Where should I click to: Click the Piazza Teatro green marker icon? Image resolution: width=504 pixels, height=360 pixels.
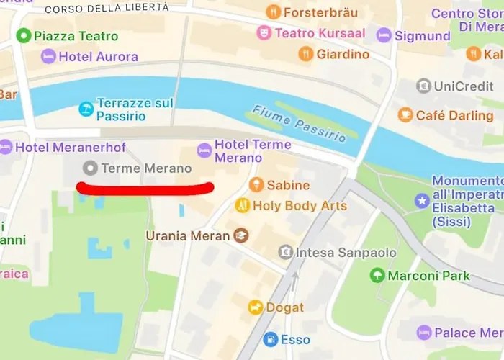coord(24,35)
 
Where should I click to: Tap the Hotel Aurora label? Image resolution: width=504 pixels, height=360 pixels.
coord(99,56)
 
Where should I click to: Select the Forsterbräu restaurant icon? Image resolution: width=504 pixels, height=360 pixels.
coord(273,12)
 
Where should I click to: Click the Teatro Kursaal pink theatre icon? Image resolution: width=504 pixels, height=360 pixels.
coord(264,33)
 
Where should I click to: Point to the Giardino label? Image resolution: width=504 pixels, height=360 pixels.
coord(343,54)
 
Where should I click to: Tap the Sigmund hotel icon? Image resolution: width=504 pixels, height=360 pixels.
coord(384,35)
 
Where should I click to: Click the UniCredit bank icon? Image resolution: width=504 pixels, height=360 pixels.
coord(424,86)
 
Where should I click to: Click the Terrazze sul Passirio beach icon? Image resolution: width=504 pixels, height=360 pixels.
coord(86,109)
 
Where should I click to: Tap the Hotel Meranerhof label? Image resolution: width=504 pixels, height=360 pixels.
coord(71,147)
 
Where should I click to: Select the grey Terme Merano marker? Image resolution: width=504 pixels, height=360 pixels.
coord(90,168)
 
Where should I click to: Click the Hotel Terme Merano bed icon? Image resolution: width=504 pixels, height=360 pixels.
coord(204,150)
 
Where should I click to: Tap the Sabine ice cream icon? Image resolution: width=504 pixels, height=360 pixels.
coord(256,185)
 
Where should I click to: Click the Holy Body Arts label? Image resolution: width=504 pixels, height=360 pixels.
coord(300,206)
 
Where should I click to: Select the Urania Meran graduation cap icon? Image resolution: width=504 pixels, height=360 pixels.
coord(240,235)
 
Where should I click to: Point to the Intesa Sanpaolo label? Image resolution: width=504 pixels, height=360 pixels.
coord(348,252)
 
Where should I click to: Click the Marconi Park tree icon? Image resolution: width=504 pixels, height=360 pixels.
coord(377,275)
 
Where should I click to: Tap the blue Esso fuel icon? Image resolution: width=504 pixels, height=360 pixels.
coord(271,339)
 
